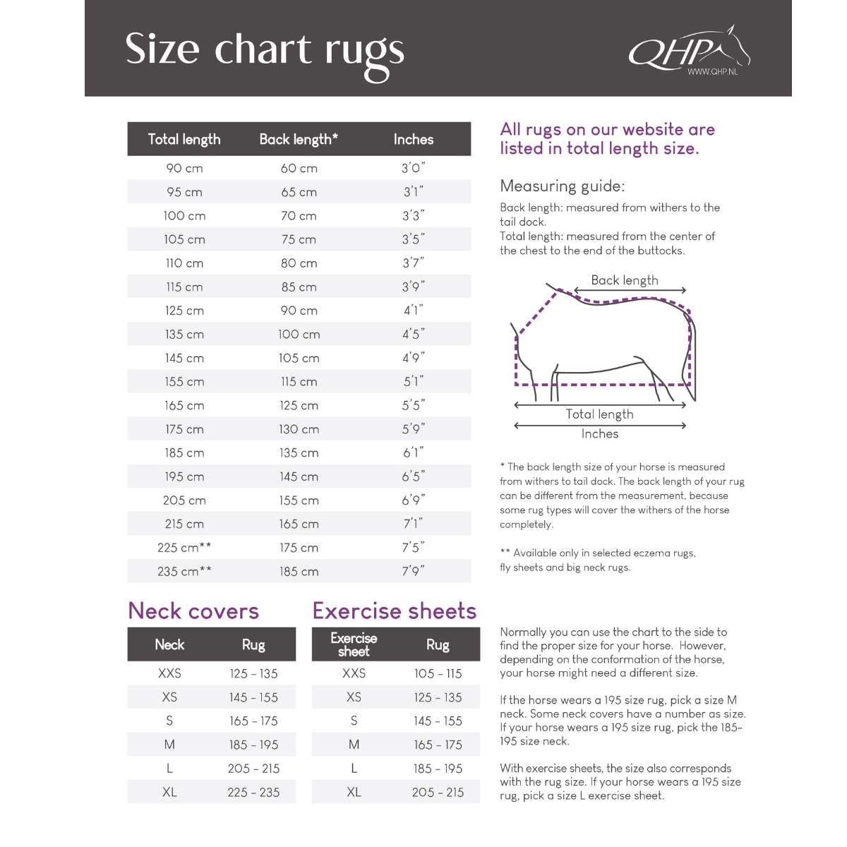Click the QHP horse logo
(x=687, y=49)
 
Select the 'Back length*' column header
(x=299, y=139)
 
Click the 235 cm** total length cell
(x=184, y=571)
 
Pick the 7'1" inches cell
(x=414, y=524)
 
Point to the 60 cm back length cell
(x=299, y=168)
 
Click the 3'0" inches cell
(x=414, y=168)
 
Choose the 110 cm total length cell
(x=184, y=263)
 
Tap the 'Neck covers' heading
(x=193, y=611)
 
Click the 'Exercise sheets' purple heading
(x=395, y=611)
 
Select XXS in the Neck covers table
(x=169, y=673)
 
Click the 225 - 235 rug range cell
(x=253, y=792)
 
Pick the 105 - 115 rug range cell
(x=438, y=673)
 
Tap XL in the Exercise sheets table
(x=354, y=792)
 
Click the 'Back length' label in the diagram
(x=625, y=280)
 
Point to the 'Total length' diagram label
(x=599, y=414)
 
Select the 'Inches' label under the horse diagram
(x=599, y=434)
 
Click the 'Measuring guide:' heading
(x=562, y=186)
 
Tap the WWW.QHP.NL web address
(x=712, y=72)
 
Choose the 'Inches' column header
(x=414, y=139)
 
